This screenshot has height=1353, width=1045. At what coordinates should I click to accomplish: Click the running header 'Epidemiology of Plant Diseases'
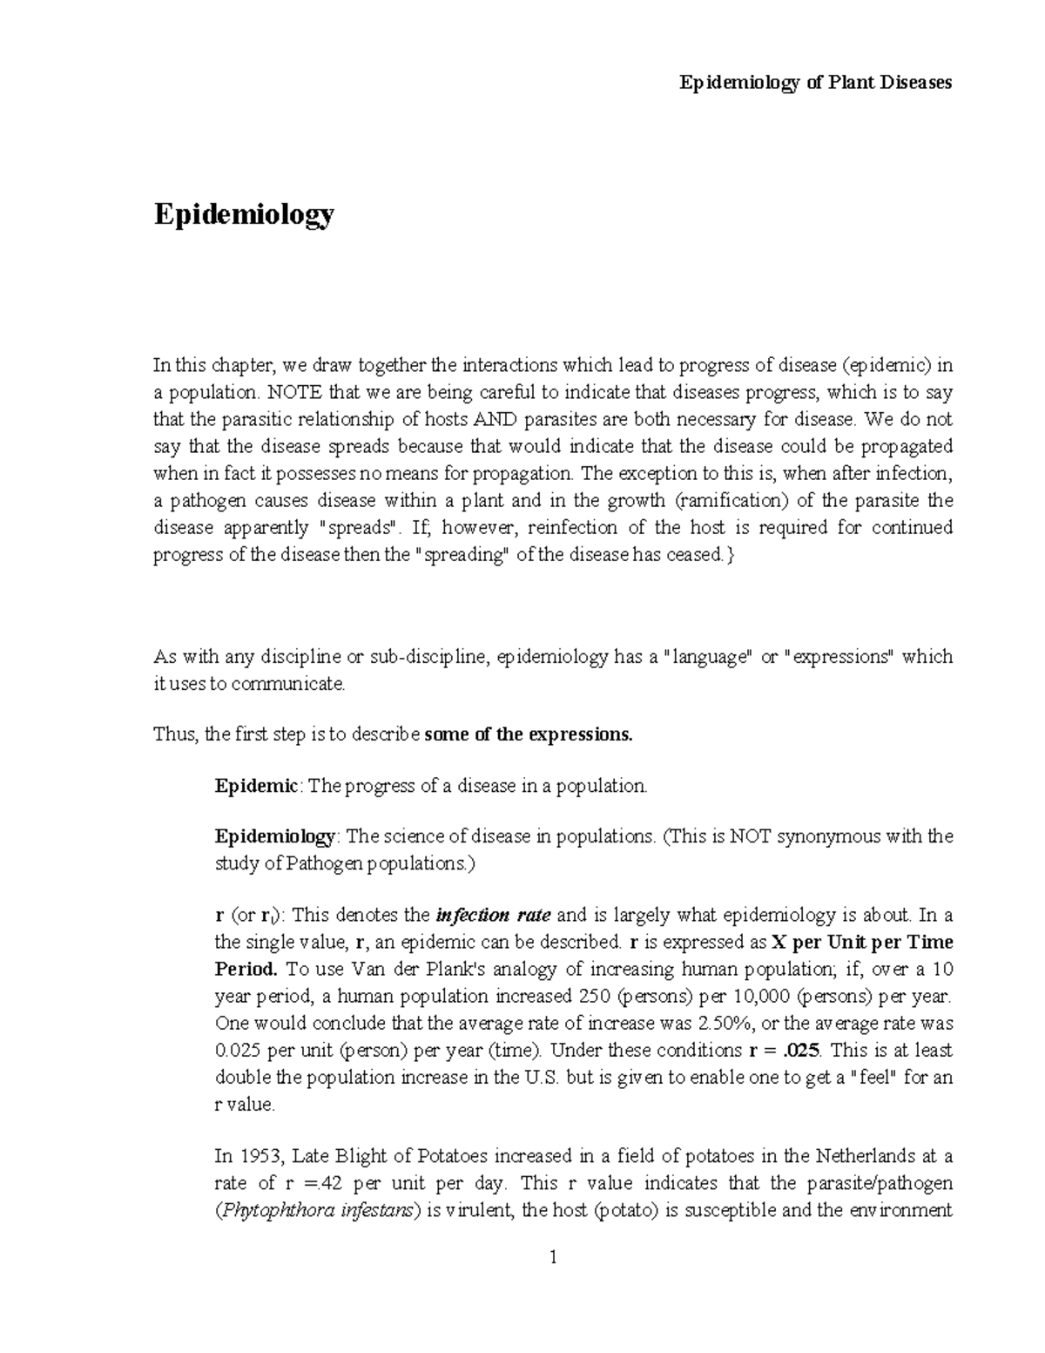pyautogui.click(x=815, y=83)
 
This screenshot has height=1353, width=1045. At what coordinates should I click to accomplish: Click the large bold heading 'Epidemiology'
pyautogui.click(x=244, y=214)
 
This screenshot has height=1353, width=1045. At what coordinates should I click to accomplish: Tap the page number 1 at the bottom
pyautogui.click(x=553, y=1257)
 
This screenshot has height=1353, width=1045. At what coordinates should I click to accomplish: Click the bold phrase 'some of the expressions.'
pyautogui.click(x=528, y=734)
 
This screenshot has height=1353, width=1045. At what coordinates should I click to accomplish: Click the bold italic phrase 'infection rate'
pyautogui.click(x=493, y=916)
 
